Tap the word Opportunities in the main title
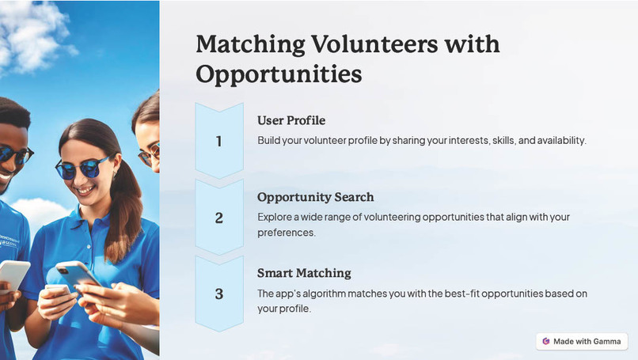tap(279, 74)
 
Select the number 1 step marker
tap(219, 142)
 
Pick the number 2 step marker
tap(219, 218)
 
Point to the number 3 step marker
tap(219, 294)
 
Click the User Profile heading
tap(291, 120)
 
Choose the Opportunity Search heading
tap(315, 196)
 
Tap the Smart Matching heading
tap(304, 273)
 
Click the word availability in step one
tap(557, 140)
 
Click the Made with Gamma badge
tap(582, 341)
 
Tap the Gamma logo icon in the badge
tap(545, 341)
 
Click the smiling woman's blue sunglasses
tap(83, 167)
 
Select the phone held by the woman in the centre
tap(78, 276)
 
